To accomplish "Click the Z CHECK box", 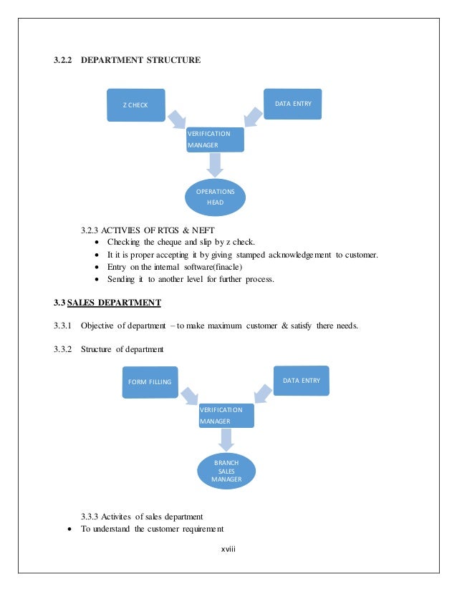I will point(136,105).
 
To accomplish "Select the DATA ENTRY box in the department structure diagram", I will point(293,104).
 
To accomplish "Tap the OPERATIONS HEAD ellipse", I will point(215,197).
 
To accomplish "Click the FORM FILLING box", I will point(150,381).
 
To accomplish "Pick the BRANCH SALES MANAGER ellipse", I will point(226,471).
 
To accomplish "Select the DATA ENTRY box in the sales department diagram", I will point(301,380).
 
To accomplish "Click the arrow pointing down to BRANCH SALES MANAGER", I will point(226,439).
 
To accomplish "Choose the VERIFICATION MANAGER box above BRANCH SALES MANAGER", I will point(226,416).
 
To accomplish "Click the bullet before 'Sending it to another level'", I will point(97,280).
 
